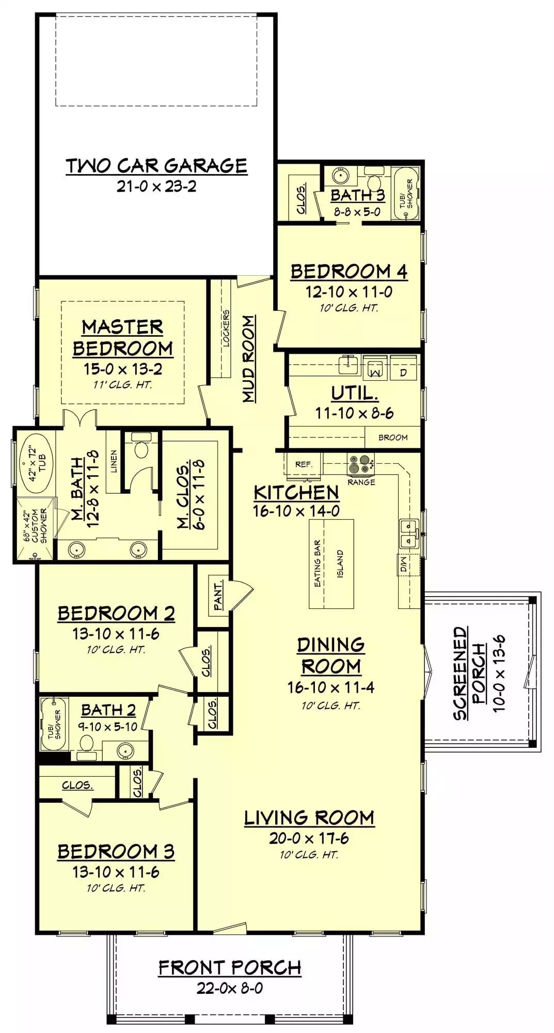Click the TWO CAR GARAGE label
tap(156, 166)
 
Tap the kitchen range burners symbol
tap(360, 464)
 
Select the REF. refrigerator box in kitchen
tap(304, 464)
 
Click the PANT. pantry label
tap(218, 595)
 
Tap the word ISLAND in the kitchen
tap(340, 564)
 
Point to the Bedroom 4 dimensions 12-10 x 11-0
tap(349, 292)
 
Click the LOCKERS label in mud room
tap(226, 328)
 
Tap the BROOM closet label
tap(393, 437)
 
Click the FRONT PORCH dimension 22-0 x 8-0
tap(229, 988)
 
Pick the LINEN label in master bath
tap(114, 461)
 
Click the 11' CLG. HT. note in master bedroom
tap(122, 385)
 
